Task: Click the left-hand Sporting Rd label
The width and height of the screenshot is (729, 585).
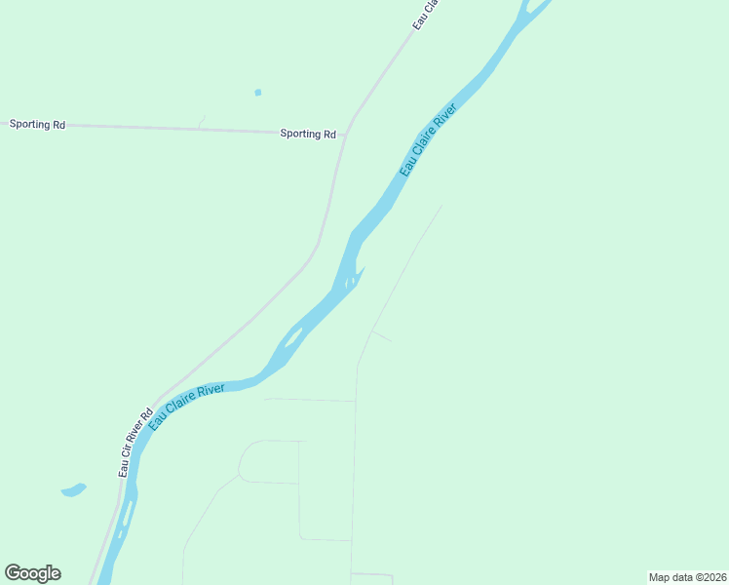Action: (x=37, y=125)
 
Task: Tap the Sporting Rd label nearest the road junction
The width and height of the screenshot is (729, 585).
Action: (x=308, y=134)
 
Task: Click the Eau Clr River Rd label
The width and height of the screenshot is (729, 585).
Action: (x=135, y=442)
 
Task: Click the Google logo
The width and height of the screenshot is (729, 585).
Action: (x=32, y=573)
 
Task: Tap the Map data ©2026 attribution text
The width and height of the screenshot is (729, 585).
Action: (x=687, y=577)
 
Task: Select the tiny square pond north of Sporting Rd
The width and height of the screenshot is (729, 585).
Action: (x=257, y=93)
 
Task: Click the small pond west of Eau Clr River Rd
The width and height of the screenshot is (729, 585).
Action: (x=73, y=489)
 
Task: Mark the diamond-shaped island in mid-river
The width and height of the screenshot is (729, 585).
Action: (x=292, y=341)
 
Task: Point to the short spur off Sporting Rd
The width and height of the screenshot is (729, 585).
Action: (x=202, y=122)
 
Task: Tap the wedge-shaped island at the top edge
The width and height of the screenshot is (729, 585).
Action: (x=534, y=10)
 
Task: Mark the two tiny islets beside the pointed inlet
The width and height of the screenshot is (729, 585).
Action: (x=350, y=282)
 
